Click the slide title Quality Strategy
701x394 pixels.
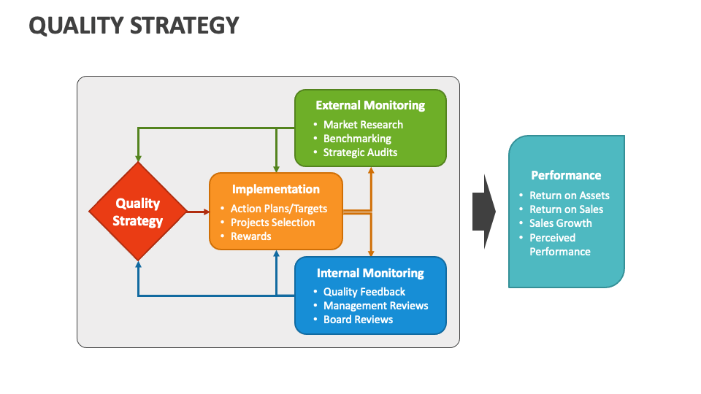pos(134,26)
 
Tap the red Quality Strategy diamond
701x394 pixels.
pos(137,212)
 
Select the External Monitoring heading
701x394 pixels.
pos(370,105)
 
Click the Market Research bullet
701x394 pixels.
pos(363,125)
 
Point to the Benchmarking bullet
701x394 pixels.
pos(357,139)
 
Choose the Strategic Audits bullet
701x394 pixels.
pos(360,152)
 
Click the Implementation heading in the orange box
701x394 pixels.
pos(275,189)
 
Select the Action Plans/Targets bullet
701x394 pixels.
pos(278,209)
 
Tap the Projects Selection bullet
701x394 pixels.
pos(272,223)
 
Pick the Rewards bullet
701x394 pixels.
pos(250,236)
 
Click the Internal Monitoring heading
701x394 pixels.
pos(370,273)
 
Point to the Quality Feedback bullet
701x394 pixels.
pos(364,292)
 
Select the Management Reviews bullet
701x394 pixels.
pos(375,306)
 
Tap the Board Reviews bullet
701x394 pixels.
pos(358,320)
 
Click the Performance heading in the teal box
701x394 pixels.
pos(566,175)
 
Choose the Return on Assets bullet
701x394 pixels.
pos(569,196)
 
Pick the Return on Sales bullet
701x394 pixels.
pos(566,209)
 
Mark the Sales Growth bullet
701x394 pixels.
pos(560,223)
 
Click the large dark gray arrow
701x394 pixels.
pos(483,212)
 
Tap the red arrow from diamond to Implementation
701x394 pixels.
pos(197,212)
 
